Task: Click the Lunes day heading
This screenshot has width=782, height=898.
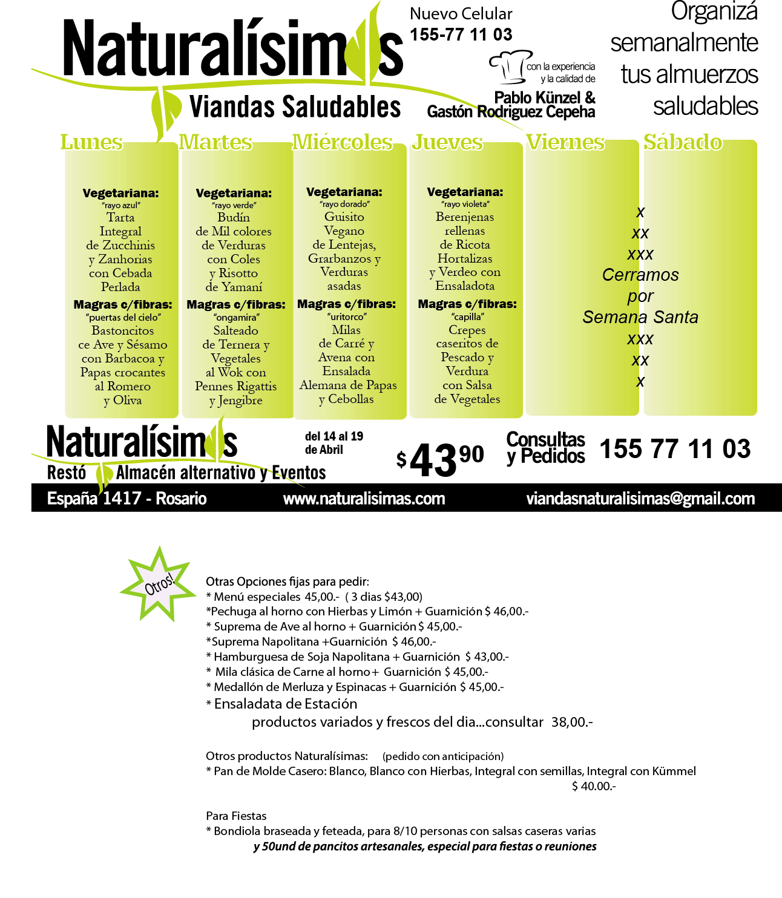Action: tap(92, 142)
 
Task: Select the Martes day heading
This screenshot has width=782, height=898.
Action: tap(215, 142)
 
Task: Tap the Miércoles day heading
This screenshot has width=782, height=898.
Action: tap(343, 142)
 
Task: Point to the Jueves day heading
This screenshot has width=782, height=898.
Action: tap(447, 142)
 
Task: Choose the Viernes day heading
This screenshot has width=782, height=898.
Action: tap(565, 142)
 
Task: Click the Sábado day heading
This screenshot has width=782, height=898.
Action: tap(683, 142)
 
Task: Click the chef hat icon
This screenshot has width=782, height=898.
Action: tap(508, 67)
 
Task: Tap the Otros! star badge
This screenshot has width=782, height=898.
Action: tap(159, 584)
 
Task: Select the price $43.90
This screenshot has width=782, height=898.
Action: tap(439, 459)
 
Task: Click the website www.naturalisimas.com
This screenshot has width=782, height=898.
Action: tap(364, 499)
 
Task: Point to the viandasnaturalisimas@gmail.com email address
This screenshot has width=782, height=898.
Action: tap(640, 499)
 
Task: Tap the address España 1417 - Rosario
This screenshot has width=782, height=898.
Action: tap(127, 499)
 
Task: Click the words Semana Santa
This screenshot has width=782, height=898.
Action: tap(640, 317)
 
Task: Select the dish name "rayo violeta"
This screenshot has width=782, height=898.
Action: tap(465, 204)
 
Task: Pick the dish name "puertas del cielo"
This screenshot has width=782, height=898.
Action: tap(123, 317)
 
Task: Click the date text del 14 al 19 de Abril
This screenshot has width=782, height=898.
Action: tap(334, 443)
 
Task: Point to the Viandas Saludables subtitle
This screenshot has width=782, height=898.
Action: tap(295, 107)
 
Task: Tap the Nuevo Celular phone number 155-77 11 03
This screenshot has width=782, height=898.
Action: tap(461, 34)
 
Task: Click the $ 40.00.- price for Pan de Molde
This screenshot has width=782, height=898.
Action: tap(594, 786)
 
